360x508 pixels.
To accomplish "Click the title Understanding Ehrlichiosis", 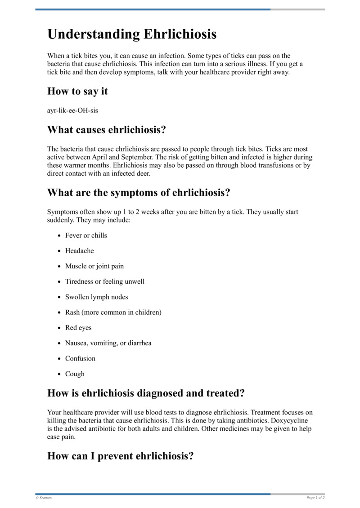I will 132,34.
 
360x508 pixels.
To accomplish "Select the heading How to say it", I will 77,91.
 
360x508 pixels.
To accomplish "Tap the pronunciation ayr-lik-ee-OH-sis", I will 72,111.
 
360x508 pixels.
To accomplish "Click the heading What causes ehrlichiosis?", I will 107,130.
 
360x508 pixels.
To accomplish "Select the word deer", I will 143,173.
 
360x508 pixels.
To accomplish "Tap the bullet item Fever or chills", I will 86,236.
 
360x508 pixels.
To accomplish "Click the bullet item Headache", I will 79,251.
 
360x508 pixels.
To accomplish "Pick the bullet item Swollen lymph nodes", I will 96,297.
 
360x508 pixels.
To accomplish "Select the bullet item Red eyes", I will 78,328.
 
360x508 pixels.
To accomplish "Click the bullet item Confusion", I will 80,358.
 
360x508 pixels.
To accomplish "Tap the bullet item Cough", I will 75,374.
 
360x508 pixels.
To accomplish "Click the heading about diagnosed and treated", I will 146,393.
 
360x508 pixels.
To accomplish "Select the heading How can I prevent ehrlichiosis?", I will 120,456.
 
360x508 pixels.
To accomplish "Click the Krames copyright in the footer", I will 44,498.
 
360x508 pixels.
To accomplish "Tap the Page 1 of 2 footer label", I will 315,498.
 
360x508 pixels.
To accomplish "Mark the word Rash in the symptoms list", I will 72,312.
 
